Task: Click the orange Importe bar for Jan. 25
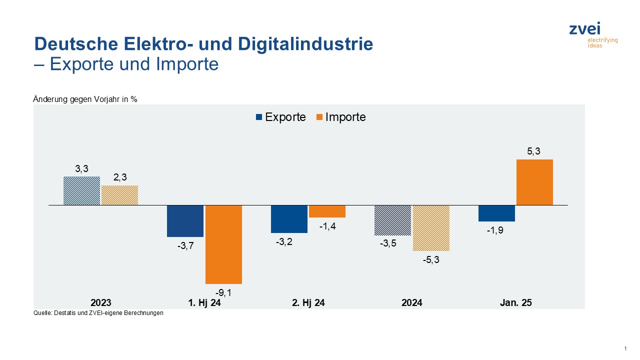click(534, 182)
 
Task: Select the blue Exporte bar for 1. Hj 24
click(185, 220)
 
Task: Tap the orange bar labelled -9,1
click(223, 244)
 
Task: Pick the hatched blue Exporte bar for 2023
click(81, 190)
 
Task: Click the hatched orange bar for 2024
click(431, 227)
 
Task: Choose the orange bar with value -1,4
click(327, 211)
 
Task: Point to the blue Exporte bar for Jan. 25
click(496, 213)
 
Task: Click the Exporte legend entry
click(280, 117)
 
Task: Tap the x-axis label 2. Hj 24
click(308, 303)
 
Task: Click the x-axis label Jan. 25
click(515, 303)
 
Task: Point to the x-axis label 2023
click(101, 303)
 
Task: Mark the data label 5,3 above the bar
click(534, 151)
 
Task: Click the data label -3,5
click(392, 244)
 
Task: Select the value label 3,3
click(81, 168)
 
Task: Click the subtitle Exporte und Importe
click(133, 64)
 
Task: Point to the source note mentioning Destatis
click(98, 313)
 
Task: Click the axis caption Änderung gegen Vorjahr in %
click(85, 99)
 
